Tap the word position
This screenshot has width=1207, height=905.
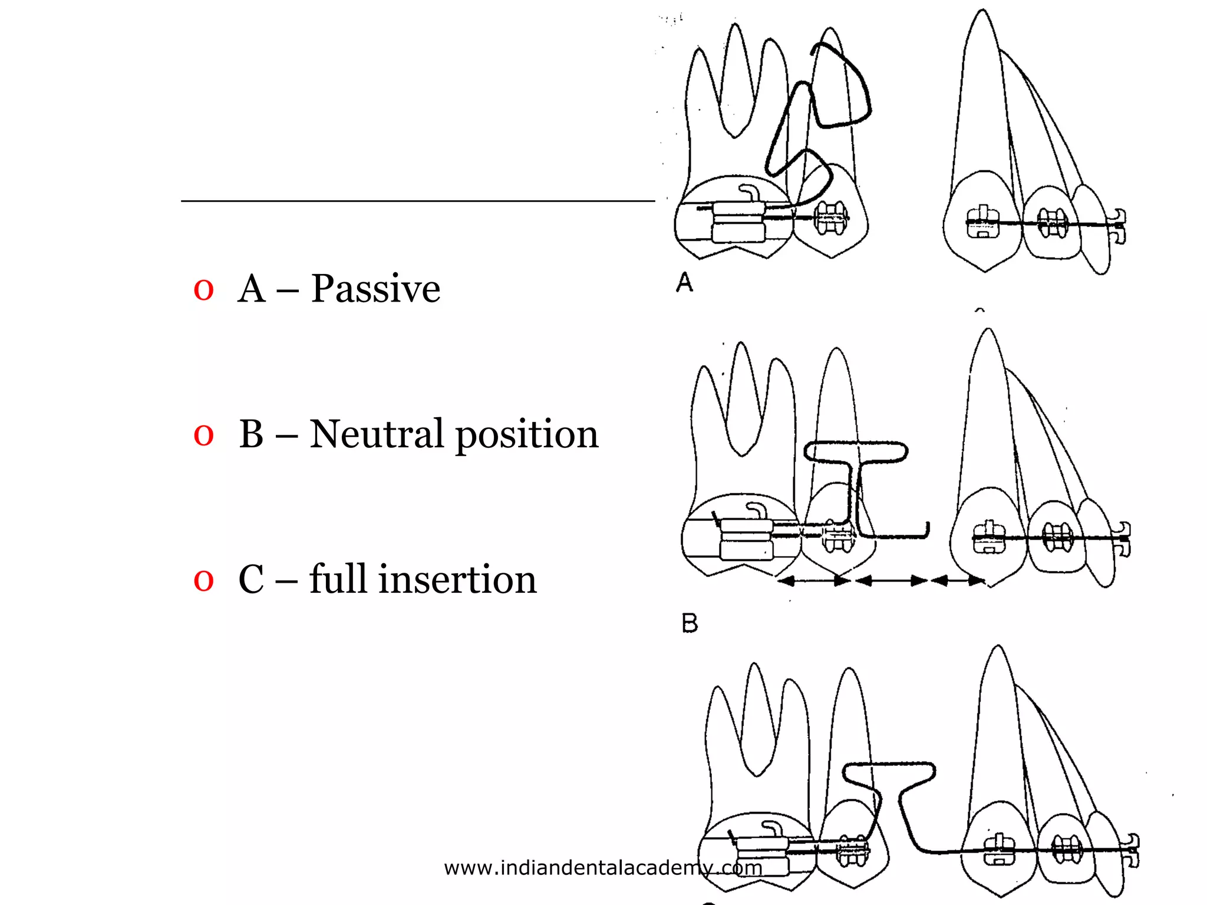click(x=527, y=436)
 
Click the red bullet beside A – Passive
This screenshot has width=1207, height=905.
click(x=203, y=290)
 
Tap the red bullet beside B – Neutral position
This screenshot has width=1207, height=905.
click(x=203, y=435)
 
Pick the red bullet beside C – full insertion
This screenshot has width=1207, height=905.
click(x=203, y=580)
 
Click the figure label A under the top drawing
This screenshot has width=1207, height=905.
click(x=684, y=282)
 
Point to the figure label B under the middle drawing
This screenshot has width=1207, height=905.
click(x=690, y=623)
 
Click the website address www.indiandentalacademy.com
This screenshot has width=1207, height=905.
click(x=602, y=868)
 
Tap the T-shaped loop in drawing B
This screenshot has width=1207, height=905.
click(x=856, y=454)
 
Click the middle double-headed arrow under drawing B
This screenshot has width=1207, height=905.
click(x=891, y=581)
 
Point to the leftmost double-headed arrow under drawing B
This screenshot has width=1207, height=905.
click(x=814, y=581)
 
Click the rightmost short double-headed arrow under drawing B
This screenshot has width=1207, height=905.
click(x=958, y=581)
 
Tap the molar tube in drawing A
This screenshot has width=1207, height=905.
click(x=738, y=221)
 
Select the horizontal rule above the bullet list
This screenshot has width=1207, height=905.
click(x=417, y=201)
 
